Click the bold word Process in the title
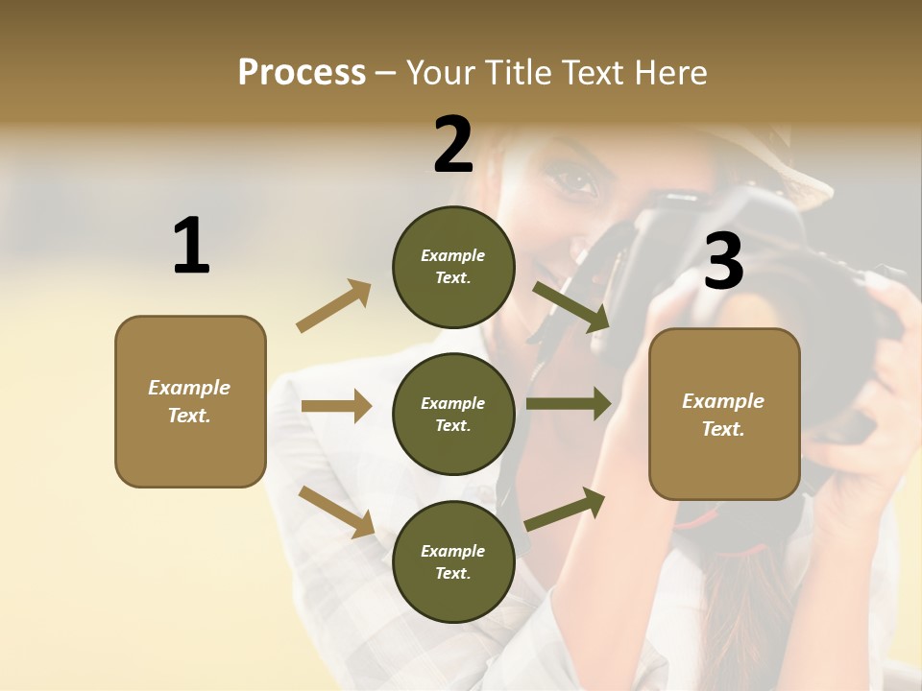click(302, 72)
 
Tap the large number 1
click(191, 246)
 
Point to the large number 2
click(453, 144)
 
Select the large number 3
click(723, 262)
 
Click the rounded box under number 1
click(190, 401)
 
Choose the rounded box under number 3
click(724, 414)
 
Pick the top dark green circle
click(453, 267)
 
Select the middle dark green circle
click(453, 414)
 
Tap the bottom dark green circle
click(453, 561)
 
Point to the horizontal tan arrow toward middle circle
click(336, 406)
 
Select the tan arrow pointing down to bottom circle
click(336, 511)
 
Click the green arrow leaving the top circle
click(571, 307)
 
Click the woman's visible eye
click(574, 180)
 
